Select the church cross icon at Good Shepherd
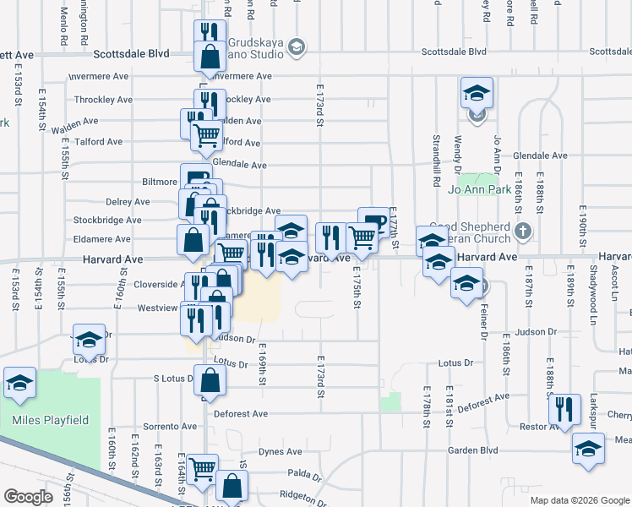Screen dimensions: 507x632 (524, 230)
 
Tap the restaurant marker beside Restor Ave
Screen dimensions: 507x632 (564, 409)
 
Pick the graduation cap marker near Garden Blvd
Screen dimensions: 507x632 (589, 449)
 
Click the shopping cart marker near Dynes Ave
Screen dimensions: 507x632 (203, 469)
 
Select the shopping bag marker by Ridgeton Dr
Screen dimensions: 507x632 (232, 486)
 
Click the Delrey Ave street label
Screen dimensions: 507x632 (128, 202)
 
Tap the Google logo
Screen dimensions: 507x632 (28, 497)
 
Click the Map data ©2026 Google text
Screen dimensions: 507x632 (579, 500)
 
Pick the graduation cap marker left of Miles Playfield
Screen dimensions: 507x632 (19, 382)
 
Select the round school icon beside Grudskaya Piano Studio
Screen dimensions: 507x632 (296, 48)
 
